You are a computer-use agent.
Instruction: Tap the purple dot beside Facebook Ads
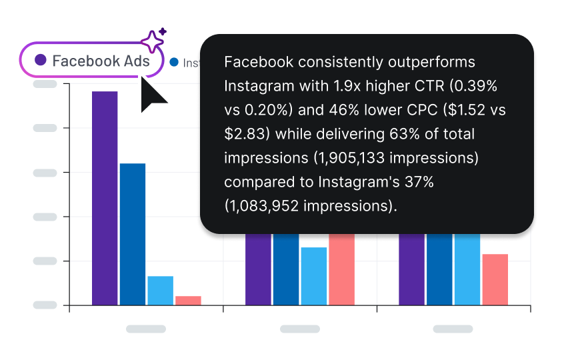point(41,60)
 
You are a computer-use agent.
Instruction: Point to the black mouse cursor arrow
point(151,97)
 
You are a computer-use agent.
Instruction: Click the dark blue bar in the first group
point(133,234)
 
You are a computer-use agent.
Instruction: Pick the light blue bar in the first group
point(161,290)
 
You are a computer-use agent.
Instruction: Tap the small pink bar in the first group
point(188,300)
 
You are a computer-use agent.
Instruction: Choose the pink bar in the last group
point(495,279)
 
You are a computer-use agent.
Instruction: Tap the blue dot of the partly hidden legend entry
point(175,62)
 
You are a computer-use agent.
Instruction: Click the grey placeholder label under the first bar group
point(146,329)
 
